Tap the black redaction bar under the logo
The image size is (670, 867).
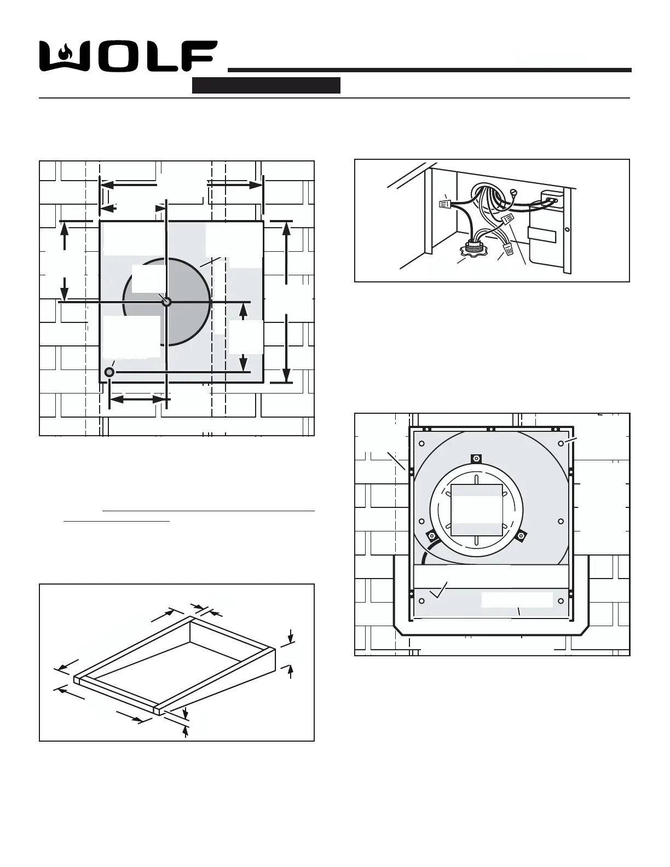266,85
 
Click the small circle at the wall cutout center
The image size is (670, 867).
167,302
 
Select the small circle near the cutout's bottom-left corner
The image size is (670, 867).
109,372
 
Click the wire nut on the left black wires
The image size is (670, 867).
445,205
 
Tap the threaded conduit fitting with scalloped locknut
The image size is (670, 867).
472,248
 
